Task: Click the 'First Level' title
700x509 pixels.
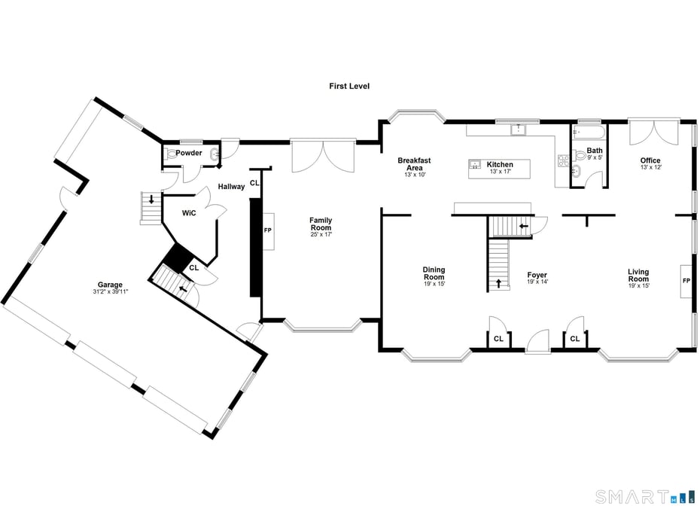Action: click(x=348, y=87)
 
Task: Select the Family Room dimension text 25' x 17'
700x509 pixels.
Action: click(x=321, y=234)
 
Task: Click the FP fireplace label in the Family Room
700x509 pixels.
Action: click(x=267, y=229)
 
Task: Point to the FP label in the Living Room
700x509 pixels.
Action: click(x=686, y=280)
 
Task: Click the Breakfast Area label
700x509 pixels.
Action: click(x=414, y=164)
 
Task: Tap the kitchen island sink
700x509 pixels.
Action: click(x=475, y=164)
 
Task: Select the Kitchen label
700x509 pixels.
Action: click(x=500, y=164)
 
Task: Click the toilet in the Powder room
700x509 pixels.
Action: click(x=172, y=154)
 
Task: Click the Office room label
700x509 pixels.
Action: click(x=650, y=160)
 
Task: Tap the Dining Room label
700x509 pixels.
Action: click(x=434, y=273)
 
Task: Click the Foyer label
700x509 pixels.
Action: click(x=537, y=275)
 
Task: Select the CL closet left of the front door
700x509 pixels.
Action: click(x=498, y=339)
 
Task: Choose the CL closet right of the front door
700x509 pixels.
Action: click(x=575, y=339)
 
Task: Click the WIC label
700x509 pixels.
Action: click(x=189, y=213)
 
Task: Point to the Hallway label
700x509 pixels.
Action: click(x=231, y=186)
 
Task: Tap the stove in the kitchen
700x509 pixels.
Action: click(x=562, y=160)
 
